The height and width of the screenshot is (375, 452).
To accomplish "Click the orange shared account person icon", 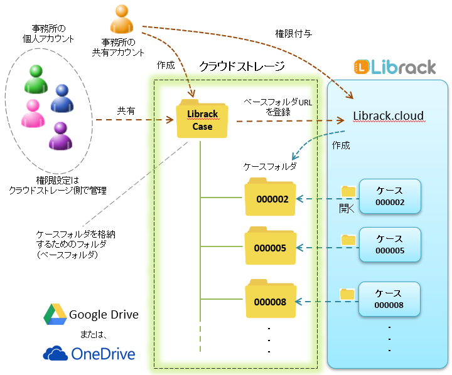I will coord(122,19).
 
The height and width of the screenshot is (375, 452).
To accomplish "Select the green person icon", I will coord(35,78).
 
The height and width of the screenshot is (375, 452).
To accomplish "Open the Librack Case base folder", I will coord(202,119).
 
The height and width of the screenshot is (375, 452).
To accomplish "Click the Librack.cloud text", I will coord(388,115).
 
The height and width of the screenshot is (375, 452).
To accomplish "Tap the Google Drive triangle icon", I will coord(55,314).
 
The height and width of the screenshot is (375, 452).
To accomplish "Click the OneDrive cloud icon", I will coord(55,354).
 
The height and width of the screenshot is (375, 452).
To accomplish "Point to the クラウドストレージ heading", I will coord(241,66).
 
